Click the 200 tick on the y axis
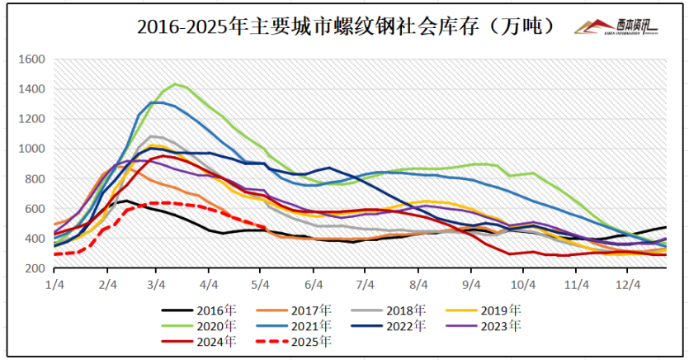coord(34,269)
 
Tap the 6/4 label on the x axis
coord(314,284)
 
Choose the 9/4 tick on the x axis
coord(471,284)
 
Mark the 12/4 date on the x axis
coord(630,284)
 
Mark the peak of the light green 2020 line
coord(174,83)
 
